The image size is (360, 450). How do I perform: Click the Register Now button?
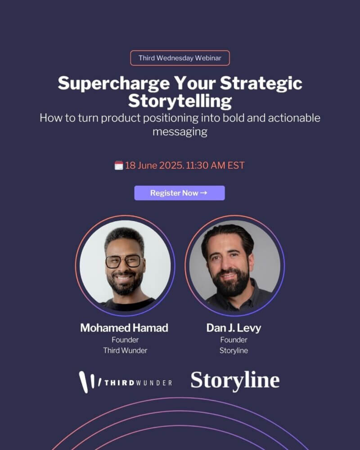point(180,193)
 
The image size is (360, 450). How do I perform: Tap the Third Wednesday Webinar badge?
point(180,58)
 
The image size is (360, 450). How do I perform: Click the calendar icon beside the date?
point(119,165)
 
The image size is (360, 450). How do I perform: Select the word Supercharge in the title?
point(113,84)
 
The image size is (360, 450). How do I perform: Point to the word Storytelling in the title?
point(180,101)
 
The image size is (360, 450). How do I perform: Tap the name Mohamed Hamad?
point(124,328)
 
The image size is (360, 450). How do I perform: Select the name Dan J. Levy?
point(234,328)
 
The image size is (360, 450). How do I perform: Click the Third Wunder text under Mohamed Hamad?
point(125,351)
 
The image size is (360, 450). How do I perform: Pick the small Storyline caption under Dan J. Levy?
point(234,351)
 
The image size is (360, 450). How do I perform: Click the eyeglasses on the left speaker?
point(124,261)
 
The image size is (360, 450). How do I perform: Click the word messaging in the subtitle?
point(180,132)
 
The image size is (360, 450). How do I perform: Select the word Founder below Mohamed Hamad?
point(125,340)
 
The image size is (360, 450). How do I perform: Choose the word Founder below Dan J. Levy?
point(234,340)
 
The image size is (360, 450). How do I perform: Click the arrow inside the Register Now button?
point(203,193)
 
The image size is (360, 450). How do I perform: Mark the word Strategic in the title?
point(261,84)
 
